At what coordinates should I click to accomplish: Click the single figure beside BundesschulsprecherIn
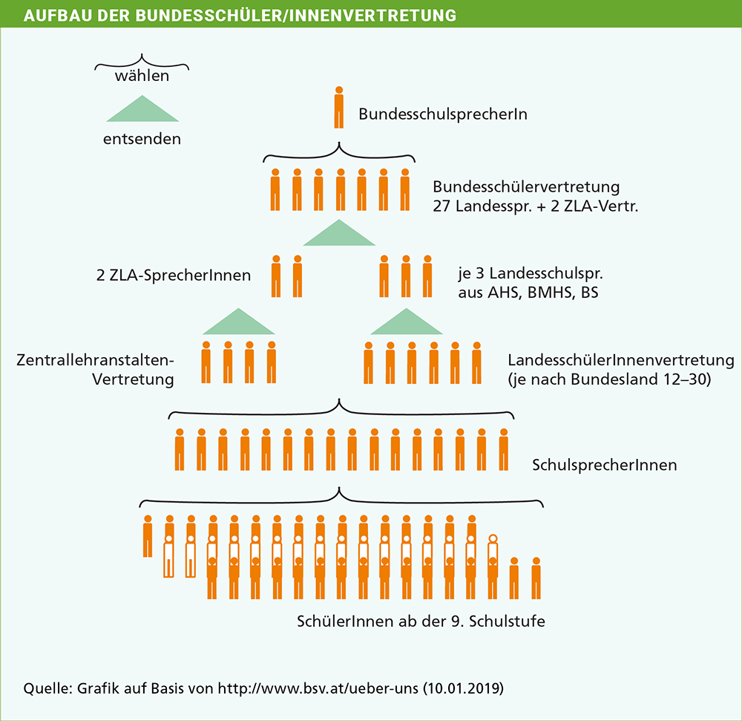[x=339, y=108]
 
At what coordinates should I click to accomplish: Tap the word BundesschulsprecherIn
[x=443, y=114]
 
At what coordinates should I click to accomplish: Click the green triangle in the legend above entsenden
[x=142, y=108]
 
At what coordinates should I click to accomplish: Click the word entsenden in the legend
[x=142, y=139]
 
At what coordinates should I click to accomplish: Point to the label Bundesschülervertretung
[x=526, y=186]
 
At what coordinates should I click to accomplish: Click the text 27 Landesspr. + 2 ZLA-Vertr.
[x=535, y=206]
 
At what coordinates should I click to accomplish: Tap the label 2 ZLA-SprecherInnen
[x=174, y=275]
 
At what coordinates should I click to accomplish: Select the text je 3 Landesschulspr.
[x=531, y=274]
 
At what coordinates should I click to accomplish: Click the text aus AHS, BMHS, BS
[x=528, y=293]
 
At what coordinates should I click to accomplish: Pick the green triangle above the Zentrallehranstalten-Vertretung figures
[x=239, y=322]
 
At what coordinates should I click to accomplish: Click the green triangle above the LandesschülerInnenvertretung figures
[x=407, y=322]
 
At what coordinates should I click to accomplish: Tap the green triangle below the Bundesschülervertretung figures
[x=339, y=232]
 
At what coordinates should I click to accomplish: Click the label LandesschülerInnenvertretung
[x=621, y=360]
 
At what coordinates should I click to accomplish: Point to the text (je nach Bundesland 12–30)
[x=609, y=379]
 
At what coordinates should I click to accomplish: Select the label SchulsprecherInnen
[x=604, y=465]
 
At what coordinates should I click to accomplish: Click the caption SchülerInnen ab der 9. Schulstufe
[x=421, y=621]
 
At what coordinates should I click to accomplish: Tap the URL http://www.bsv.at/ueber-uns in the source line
[x=318, y=688]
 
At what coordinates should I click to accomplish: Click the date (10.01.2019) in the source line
[x=463, y=688]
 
